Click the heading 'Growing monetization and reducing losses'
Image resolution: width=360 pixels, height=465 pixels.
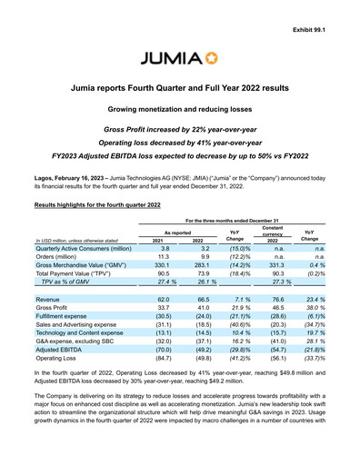[179, 109]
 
